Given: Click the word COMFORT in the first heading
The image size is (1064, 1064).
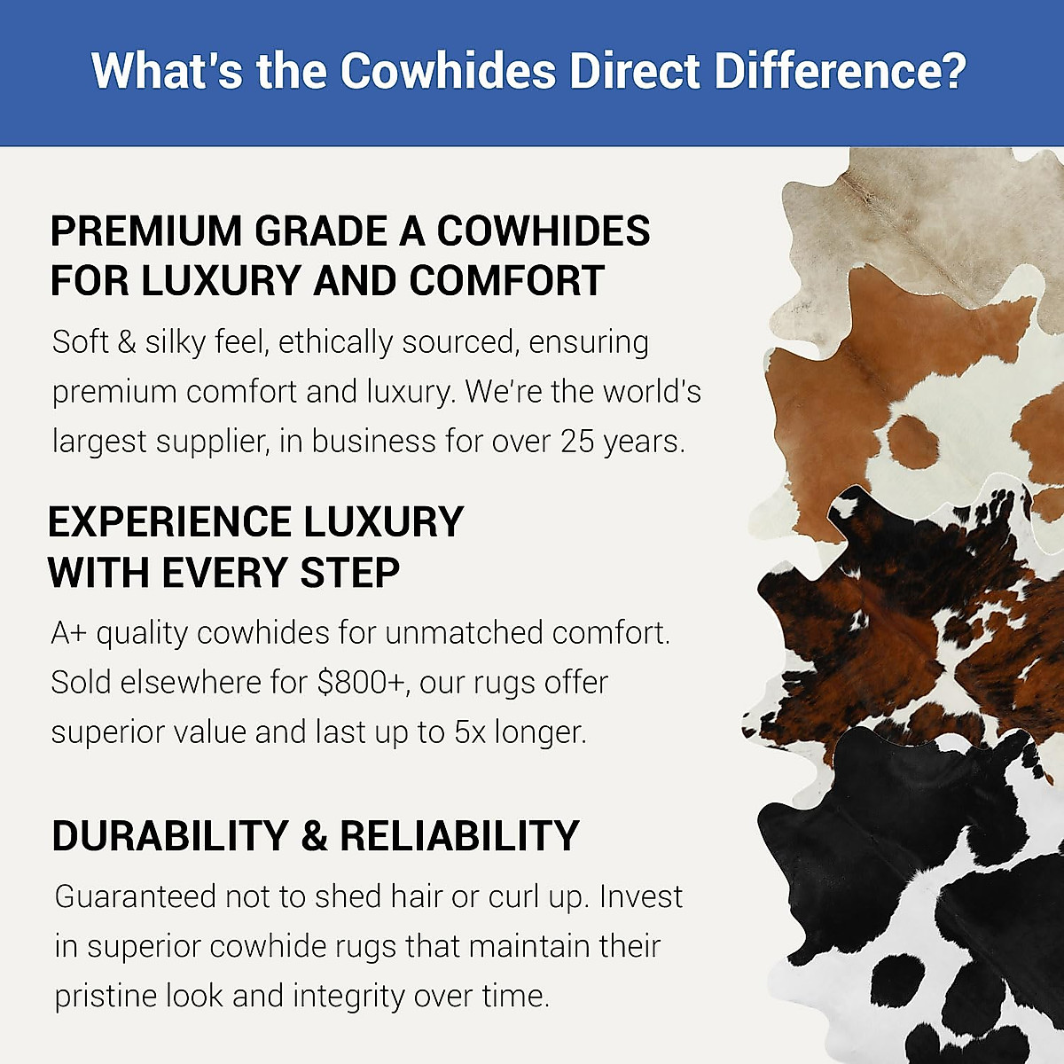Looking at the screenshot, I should coord(507,281).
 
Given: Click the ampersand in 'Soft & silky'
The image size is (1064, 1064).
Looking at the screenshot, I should coord(127,342).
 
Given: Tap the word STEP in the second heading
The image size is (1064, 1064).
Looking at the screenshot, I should coord(349,573).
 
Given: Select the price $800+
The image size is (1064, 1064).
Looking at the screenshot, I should coord(363,683).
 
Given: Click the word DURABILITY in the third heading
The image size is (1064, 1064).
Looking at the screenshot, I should coord(169,836).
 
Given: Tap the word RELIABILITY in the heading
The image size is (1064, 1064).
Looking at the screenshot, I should coord(459,836).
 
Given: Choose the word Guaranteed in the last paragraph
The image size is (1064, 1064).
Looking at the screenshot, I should coord(135,896).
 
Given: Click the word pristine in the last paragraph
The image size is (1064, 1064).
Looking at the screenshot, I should coord(103,996).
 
